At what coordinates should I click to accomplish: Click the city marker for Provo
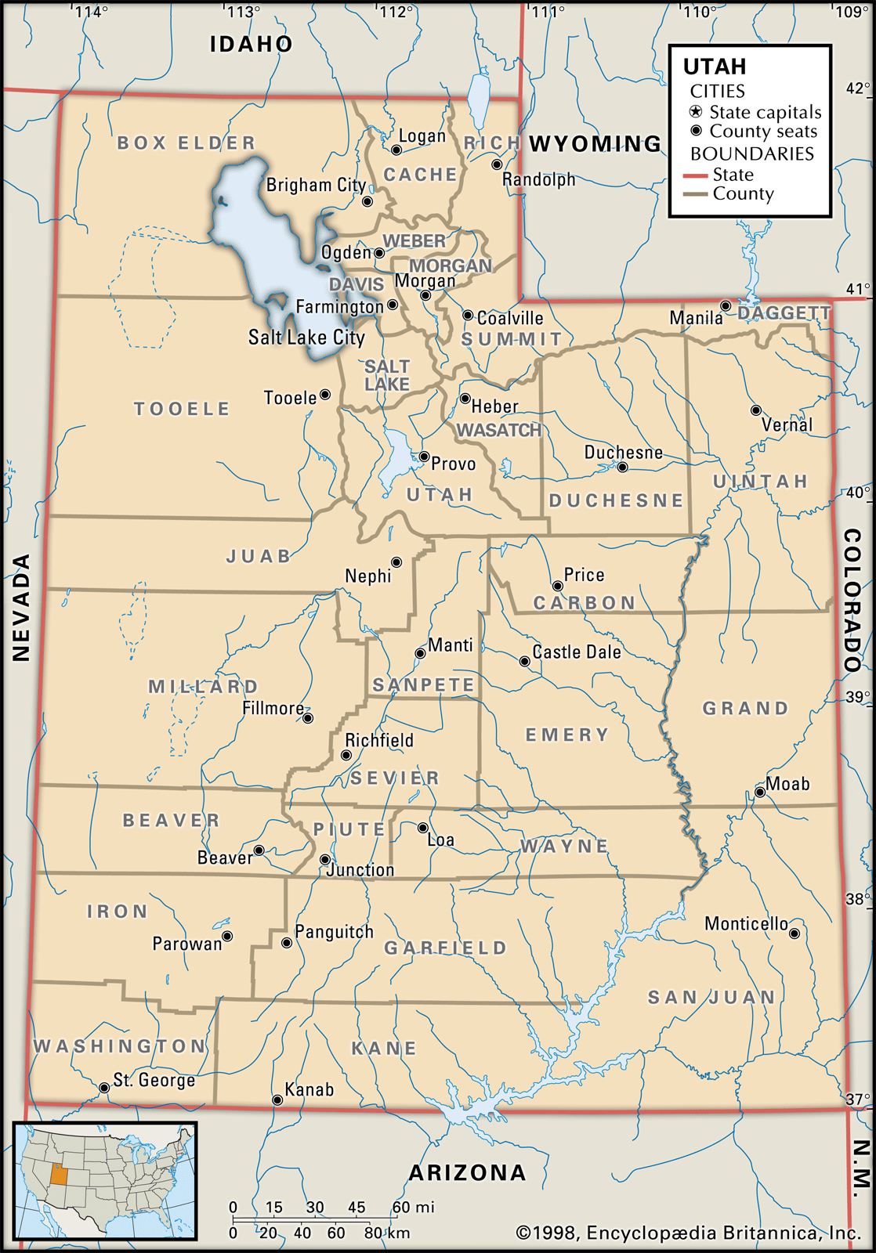coord(424,457)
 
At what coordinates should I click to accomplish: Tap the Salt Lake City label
coord(306,338)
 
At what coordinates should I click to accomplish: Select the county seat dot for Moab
coord(759,793)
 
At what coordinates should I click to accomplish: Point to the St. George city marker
coord(104,1088)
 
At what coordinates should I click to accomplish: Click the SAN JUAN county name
coord(711,998)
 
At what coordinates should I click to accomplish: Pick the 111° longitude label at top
coord(548,12)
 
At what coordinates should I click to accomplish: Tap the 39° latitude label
coord(857,697)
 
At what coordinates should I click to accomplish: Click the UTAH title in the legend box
coord(715,67)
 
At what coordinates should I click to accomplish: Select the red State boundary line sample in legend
coord(695,175)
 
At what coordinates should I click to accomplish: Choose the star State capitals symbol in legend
coord(696,112)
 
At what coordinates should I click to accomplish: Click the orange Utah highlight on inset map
coord(59,1174)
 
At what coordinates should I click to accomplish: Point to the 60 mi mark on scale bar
coord(400,1207)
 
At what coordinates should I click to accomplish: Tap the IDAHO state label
coord(251,44)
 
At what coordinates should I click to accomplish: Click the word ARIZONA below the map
coord(468,1172)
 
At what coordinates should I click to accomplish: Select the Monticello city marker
coord(795,933)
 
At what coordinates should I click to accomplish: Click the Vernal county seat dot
coord(756,410)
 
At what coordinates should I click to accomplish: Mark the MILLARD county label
coord(203,687)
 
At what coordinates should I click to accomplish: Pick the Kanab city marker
coord(277,1100)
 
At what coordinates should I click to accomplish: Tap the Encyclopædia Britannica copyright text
coord(688,1233)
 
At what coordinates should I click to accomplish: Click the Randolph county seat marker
coord(497,164)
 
